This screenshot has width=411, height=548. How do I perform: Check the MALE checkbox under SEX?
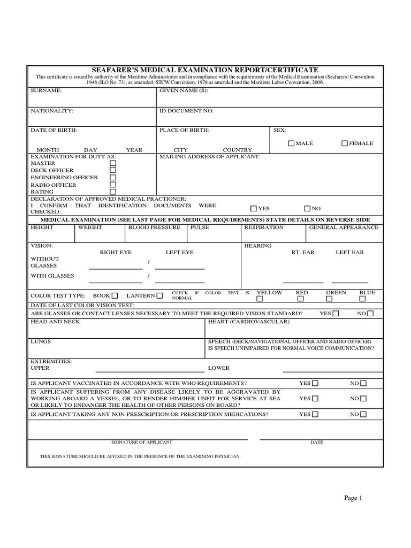pos(291,143)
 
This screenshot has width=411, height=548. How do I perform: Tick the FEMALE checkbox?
pos(345,143)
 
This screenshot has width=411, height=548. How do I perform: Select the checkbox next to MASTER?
pos(113,163)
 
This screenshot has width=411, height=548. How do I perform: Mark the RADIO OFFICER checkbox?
pos(113,185)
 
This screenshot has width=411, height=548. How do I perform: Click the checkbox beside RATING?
pos(113,192)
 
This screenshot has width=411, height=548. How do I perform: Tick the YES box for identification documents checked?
pos(254,209)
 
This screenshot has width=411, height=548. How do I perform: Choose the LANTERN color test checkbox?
pos(160,295)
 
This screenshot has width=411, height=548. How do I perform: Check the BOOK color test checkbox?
pos(115,295)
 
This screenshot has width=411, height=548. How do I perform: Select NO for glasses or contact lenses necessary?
pos(370,314)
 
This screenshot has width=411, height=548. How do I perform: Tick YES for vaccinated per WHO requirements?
pos(315,384)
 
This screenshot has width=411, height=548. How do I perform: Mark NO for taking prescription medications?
pos(363,415)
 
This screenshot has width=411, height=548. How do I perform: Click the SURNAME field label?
pos(46,91)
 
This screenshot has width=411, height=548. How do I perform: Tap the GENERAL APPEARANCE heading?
pos(344,227)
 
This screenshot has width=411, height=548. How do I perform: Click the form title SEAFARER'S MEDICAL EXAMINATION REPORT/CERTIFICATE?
pos(205,70)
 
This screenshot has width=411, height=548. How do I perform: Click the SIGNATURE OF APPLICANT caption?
pos(142,442)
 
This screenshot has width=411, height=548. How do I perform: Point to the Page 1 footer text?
pos(353,498)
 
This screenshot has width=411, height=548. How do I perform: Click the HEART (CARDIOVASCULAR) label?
pos(248,322)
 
